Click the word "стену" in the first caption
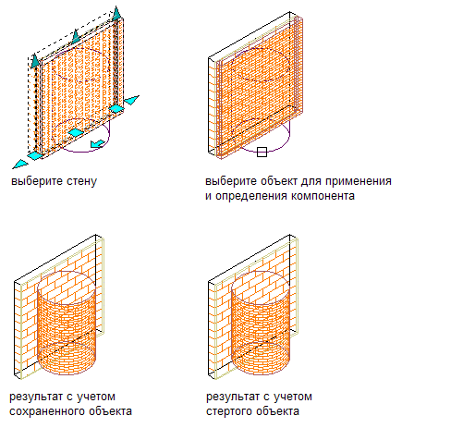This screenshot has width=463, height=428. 81,181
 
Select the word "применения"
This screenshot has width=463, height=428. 359,181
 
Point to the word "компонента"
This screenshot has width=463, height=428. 323,196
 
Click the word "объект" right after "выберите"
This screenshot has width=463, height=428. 279,181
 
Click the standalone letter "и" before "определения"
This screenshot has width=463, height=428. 209,196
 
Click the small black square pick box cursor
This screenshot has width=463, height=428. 262,152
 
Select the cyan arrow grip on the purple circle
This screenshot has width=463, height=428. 98,143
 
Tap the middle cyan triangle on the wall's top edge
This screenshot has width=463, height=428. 76,36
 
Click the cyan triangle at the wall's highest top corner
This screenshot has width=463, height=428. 116,13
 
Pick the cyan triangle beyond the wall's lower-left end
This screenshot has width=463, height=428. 19,164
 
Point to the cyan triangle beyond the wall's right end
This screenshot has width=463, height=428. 131,100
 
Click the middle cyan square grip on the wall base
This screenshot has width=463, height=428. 76,132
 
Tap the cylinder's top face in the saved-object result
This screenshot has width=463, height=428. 67,287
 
